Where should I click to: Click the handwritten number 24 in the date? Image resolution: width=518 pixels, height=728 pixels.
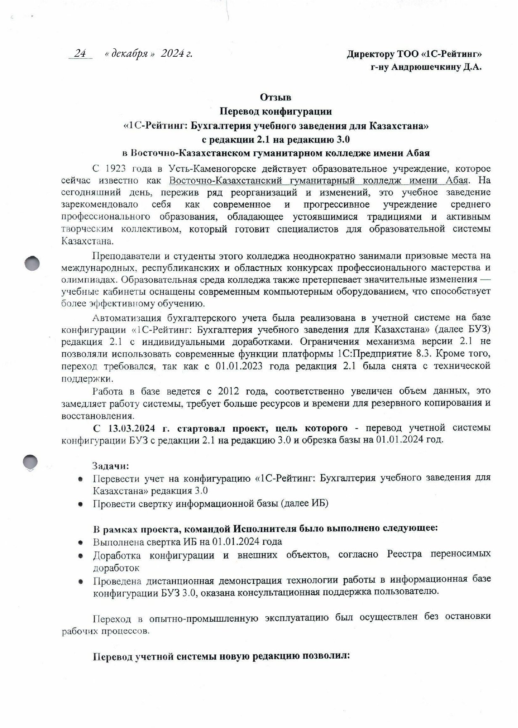[80, 54]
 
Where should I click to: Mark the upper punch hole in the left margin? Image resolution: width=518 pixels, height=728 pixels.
[32, 264]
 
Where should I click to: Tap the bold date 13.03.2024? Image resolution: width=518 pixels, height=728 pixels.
[132, 428]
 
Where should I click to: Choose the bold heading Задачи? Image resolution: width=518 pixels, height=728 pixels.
[111, 466]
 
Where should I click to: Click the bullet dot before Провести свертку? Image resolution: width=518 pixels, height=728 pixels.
[80, 504]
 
